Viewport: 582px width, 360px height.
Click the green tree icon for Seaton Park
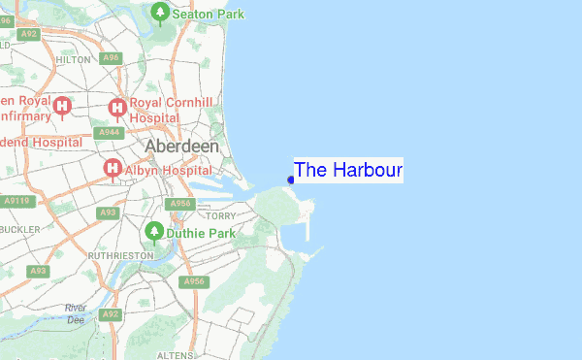pyautogui.click(x=161, y=13)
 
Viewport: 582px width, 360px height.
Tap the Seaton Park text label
pyautogui.click(x=209, y=14)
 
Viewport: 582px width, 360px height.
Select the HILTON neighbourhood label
pyautogui.click(x=73, y=59)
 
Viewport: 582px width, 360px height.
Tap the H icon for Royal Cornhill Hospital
pyautogui.click(x=117, y=107)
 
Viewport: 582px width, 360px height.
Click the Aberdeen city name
pyautogui.click(x=181, y=146)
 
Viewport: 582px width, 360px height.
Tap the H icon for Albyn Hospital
pyautogui.click(x=112, y=169)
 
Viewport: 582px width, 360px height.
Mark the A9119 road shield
pyautogui.click(x=16, y=201)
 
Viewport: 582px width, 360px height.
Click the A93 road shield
pyautogui.click(x=108, y=212)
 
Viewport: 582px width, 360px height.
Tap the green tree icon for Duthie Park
pyautogui.click(x=152, y=233)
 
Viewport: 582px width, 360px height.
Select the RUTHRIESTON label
pyautogui.click(x=120, y=255)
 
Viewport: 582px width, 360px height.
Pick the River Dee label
pyautogui.click(x=76, y=313)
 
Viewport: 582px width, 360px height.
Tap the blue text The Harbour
pyautogui.click(x=347, y=170)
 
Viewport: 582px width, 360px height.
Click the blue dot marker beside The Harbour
pyautogui.click(x=291, y=180)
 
